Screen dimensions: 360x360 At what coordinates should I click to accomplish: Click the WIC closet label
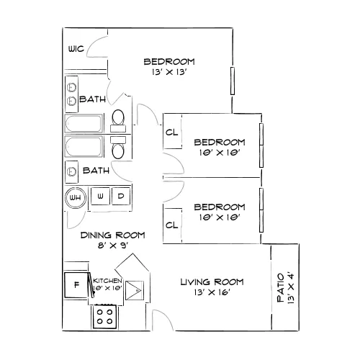click(x=76, y=49)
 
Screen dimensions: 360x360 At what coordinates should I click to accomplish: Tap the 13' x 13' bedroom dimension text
click(x=169, y=72)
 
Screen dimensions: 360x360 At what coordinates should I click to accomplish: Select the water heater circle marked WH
click(x=76, y=198)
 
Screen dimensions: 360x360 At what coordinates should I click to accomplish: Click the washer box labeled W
click(x=100, y=196)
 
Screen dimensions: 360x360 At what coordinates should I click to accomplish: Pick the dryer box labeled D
click(x=121, y=196)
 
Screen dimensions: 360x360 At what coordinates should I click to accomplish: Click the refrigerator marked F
click(x=76, y=285)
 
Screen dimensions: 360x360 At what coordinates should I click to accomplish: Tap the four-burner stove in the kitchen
click(x=105, y=317)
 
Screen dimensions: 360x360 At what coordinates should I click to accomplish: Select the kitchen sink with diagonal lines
click(x=135, y=290)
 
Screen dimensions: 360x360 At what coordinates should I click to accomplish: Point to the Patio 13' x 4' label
click(x=285, y=288)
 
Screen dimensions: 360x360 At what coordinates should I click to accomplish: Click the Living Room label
click(x=212, y=282)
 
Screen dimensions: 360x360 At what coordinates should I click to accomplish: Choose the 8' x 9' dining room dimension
click(x=112, y=246)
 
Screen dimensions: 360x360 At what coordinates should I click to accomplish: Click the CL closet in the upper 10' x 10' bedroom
click(x=172, y=132)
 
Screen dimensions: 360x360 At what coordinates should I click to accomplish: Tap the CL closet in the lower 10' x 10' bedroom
click(x=172, y=225)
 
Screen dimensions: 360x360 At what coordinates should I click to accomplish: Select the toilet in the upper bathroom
click(x=118, y=121)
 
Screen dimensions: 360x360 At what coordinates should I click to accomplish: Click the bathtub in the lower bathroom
click(x=84, y=146)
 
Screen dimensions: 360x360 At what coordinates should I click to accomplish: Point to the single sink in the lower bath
click(x=71, y=171)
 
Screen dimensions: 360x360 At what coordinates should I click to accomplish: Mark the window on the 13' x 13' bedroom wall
click(x=233, y=81)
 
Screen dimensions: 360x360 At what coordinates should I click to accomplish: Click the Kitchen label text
click(x=107, y=281)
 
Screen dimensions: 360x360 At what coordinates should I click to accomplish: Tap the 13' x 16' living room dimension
click(x=212, y=292)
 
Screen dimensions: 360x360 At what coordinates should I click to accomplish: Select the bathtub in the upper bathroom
click(x=84, y=124)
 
